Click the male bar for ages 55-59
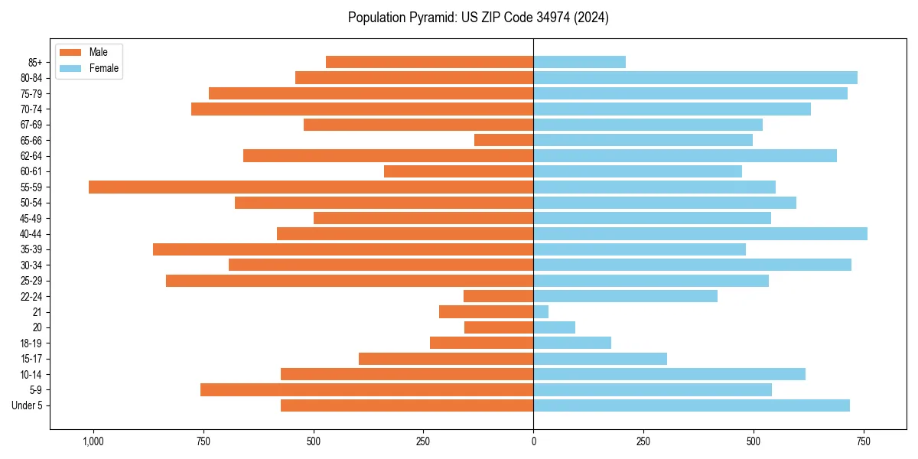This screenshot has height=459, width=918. (x=311, y=187)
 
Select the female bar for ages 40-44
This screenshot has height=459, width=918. (x=700, y=234)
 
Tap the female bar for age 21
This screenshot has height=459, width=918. (x=541, y=312)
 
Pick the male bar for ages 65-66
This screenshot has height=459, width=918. (x=503, y=140)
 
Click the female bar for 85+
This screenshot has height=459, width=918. (x=579, y=62)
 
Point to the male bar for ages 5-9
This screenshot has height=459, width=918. (x=366, y=390)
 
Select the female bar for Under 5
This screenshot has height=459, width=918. (x=692, y=405)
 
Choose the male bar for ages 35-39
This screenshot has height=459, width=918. (x=343, y=249)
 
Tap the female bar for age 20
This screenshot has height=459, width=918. (x=554, y=327)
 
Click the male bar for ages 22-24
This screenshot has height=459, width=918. (x=498, y=296)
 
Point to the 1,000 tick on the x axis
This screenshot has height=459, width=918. (x=93, y=441)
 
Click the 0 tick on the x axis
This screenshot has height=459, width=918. (x=533, y=441)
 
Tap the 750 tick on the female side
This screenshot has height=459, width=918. (x=864, y=441)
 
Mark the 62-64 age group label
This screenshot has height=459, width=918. (x=31, y=156)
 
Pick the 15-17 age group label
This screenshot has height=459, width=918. (x=31, y=359)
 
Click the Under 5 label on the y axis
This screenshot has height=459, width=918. (x=27, y=405)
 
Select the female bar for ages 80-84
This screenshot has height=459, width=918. (x=695, y=77)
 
